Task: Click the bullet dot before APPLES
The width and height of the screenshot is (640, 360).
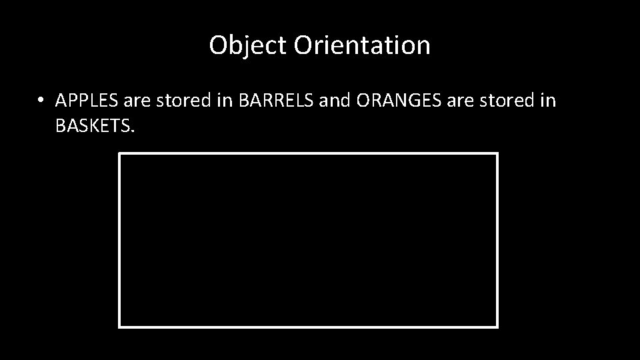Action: coord(41,101)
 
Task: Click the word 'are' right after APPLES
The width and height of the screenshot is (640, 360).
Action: coord(129,101)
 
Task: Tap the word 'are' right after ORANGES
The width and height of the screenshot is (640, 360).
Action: coord(453,101)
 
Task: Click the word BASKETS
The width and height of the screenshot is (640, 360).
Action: coord(93,126)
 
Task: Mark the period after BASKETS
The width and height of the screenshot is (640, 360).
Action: coord(133,131)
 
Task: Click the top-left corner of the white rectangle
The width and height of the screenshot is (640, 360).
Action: coord(120,154)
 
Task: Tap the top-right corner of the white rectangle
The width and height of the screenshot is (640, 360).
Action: coord(497,154)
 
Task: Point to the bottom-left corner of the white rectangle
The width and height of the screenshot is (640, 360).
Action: coord(120,327)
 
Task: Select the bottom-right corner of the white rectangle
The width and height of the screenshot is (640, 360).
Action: coord(497,327)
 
